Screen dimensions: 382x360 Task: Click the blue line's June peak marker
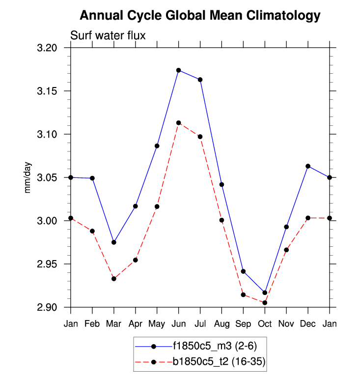tap(179, 70)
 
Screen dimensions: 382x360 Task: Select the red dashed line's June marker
tap(179, 123)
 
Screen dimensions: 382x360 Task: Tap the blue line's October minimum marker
tap(265, 293)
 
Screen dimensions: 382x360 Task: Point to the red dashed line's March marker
tap(114, 279)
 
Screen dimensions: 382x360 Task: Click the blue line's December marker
tap(308, 166)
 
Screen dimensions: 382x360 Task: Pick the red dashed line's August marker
tap(222, 220)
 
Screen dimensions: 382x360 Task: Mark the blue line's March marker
tap(114, 242)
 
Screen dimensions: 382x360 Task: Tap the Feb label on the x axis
tap(92, 323)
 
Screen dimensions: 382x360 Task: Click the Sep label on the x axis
tap(244, 323)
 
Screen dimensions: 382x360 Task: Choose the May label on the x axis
tap(157, 323)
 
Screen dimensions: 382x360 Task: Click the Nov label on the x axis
tap(286, 323)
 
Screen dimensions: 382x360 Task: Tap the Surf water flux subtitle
tap(108, 35)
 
